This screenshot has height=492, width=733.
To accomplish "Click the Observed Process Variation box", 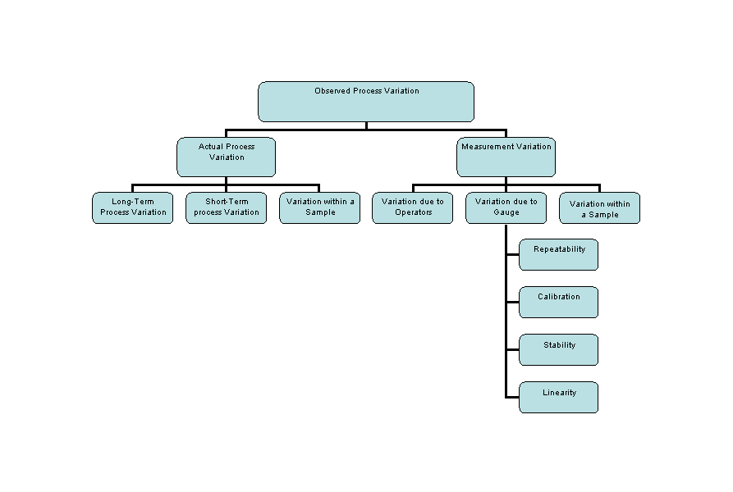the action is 366,102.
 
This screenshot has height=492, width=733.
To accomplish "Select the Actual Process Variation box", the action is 227,157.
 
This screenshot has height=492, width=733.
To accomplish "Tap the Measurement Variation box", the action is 506,157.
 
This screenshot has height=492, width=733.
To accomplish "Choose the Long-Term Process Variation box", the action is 133,207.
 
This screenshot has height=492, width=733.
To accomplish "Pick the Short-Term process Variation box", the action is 227,207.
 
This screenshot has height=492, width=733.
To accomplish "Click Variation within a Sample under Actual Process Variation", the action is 320,207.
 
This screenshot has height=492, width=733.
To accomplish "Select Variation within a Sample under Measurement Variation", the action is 600,207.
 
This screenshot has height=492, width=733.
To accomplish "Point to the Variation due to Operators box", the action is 413,207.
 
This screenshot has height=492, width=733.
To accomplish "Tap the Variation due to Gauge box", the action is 506,207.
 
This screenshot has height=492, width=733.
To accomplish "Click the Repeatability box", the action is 559,254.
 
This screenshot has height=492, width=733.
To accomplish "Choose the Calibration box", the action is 559,302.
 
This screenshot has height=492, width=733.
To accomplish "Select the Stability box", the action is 559,349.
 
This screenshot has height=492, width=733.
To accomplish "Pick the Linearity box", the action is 559,397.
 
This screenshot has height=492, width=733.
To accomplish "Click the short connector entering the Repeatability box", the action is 513,254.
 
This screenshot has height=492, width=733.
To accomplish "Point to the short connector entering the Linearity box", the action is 513,397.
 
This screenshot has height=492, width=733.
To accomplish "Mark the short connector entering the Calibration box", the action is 513,302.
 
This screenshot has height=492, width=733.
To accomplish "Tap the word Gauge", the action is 506,212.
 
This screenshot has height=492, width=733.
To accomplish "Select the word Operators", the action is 413,212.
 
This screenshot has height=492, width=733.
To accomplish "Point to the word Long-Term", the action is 133,202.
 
